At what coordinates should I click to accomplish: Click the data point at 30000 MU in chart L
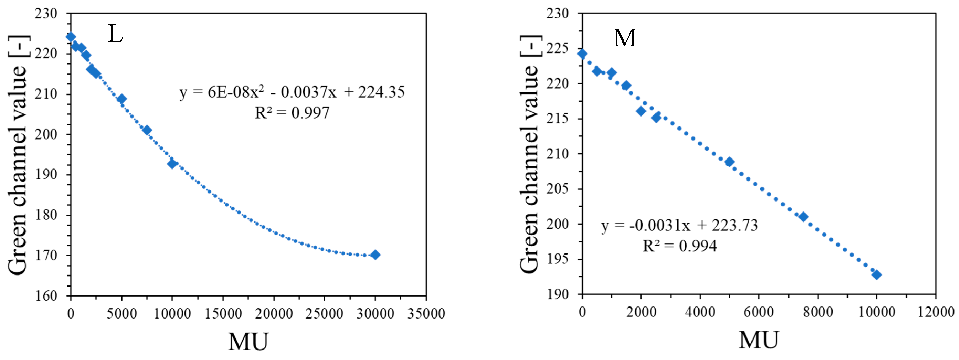coord(375,255)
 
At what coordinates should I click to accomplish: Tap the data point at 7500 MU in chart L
coord(147,130)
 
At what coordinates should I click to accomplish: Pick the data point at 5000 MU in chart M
coord(729,162)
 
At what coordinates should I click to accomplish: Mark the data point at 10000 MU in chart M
coord(877,275)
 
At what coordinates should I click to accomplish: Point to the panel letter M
coord(625,38)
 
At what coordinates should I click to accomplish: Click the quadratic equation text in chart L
coord(292,92)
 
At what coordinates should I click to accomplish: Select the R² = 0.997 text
coord(292,112)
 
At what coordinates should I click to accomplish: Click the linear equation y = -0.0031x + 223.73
coord(679,225)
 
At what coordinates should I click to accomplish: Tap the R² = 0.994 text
coord(679,246)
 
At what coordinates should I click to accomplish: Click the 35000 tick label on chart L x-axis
coord(426,314)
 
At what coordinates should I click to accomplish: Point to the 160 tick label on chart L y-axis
coord(46,296)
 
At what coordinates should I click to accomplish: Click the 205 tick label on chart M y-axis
coord(557,189)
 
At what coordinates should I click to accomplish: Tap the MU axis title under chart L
coord(248,341)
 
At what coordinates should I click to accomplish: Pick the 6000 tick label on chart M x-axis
coord(758,312)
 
